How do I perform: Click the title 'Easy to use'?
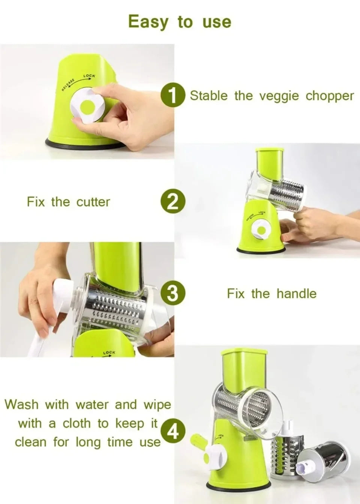180,22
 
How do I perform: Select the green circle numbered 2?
172,202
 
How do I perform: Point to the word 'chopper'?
330,96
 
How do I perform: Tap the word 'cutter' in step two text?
93,202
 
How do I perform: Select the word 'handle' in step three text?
296,294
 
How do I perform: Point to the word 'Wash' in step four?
21,405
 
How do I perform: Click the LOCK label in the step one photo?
89,76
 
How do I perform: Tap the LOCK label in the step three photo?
109,352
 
